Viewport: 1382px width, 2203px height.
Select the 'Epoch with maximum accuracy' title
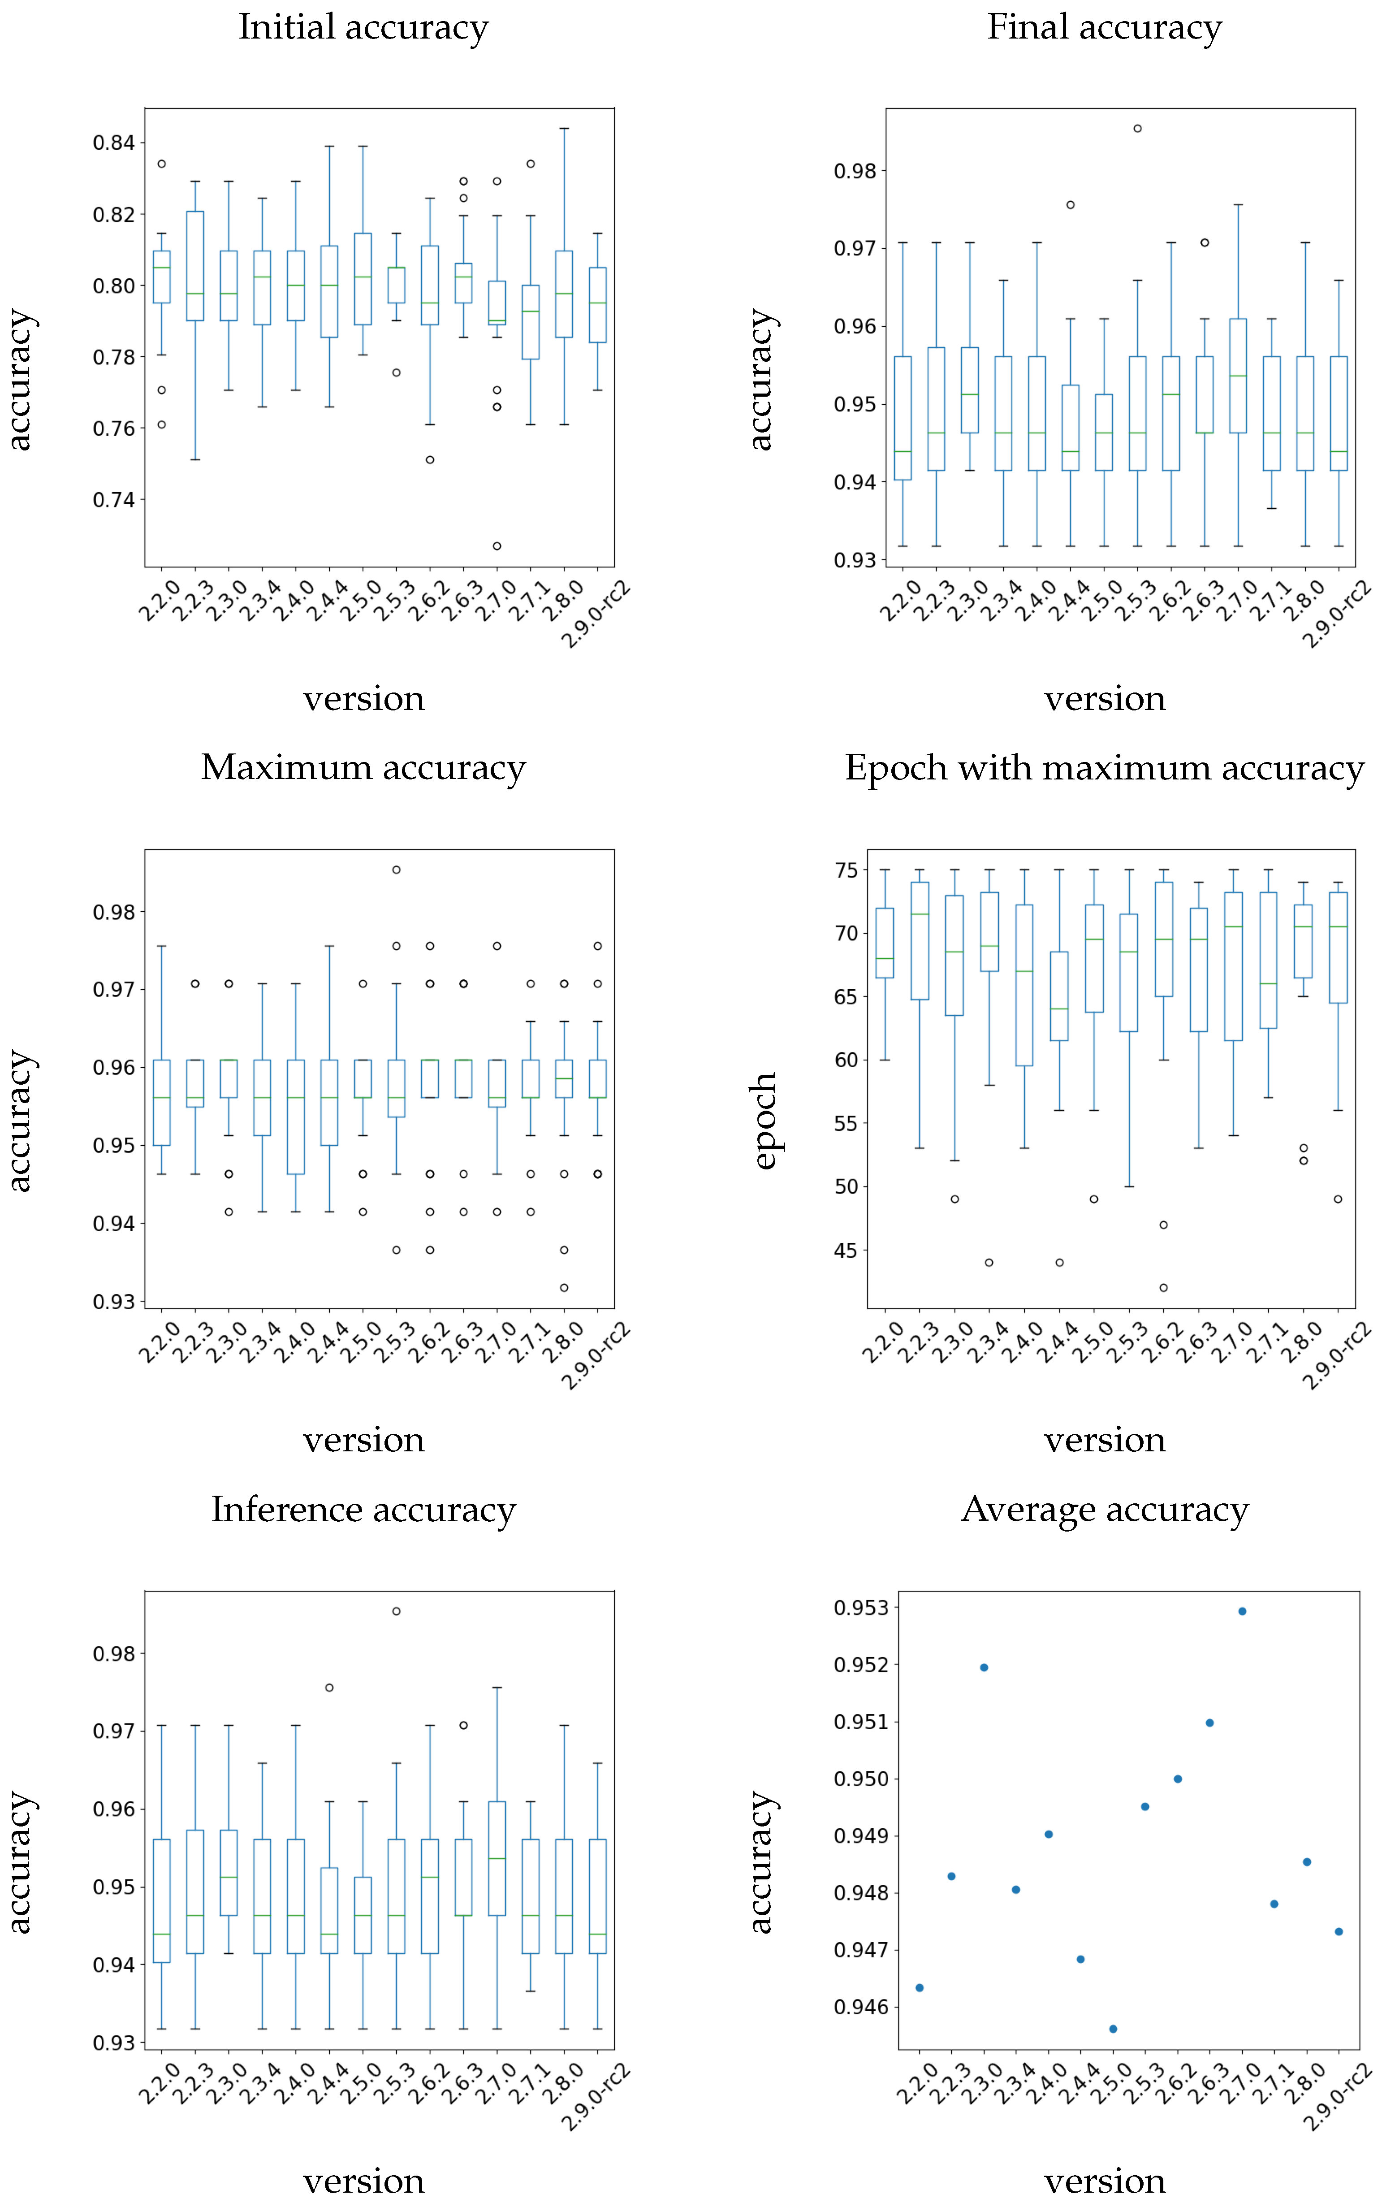click(1104, 768)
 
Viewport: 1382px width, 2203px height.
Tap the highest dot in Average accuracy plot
click(1242, 1611)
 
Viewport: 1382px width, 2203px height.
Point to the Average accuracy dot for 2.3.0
click(985, 1667)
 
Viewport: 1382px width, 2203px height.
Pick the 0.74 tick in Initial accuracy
click(113, 500)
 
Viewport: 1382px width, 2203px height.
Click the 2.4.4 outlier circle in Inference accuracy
click(329, 1688)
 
